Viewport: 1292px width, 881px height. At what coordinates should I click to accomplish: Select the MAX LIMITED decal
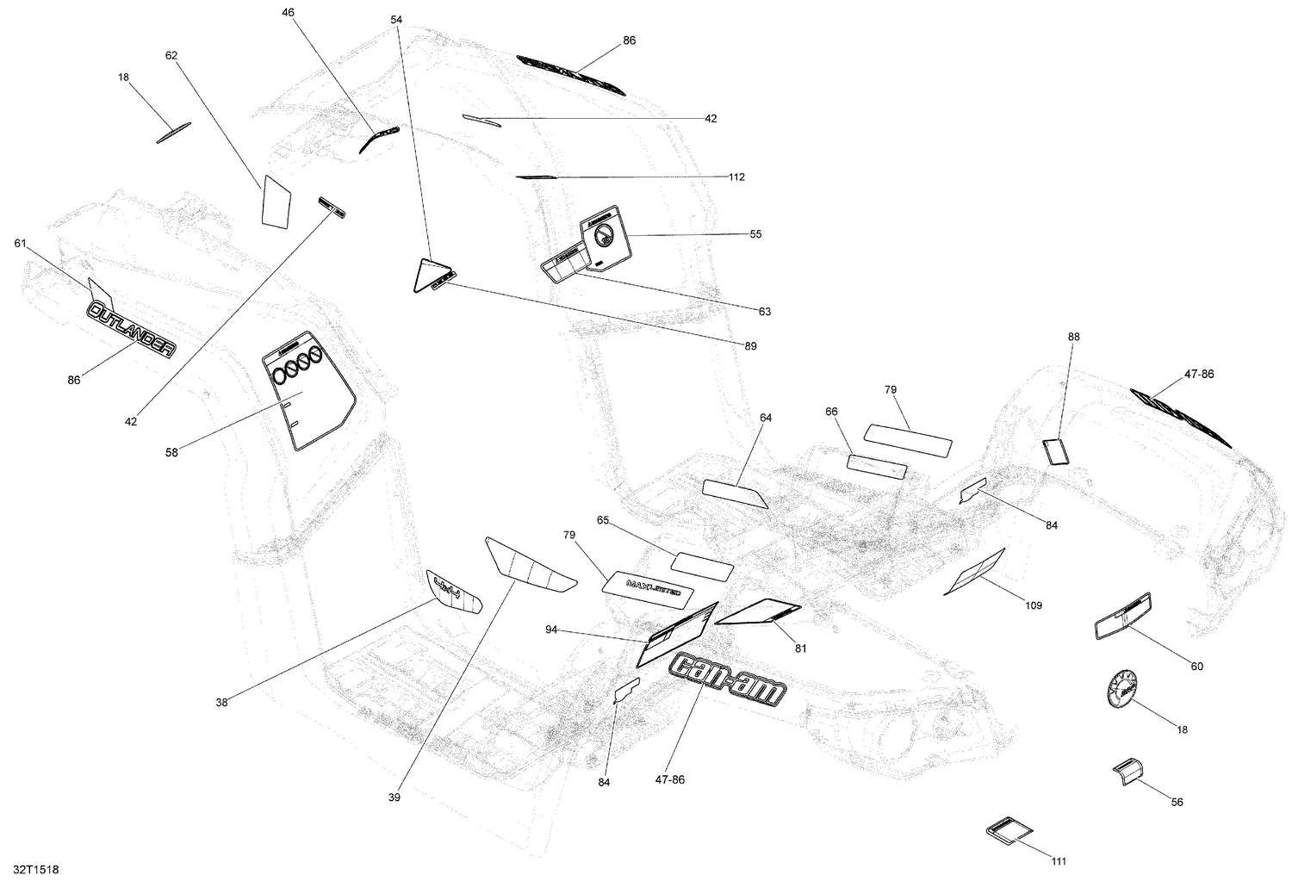coord(648,585)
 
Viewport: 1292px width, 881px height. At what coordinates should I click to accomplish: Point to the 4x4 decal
coord(454,593)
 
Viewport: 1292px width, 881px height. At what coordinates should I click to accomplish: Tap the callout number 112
coord(736,177)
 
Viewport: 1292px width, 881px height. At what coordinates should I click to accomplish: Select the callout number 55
coord(755,234)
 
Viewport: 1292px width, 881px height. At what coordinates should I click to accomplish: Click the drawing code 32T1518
coord(30,871)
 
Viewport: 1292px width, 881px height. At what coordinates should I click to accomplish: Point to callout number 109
coord(1033,605)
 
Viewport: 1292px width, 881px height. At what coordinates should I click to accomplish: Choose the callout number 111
coord(1059,861)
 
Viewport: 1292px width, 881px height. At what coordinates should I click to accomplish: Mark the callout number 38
coord(222,703)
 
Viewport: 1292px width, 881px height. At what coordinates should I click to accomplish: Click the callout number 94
coord(551,630)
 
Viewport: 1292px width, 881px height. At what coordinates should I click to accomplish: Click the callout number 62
coord(171,55)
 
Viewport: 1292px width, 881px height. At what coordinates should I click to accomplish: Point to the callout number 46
coord(287,12)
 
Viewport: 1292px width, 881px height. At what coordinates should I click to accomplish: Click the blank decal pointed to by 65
coord(702,565)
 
